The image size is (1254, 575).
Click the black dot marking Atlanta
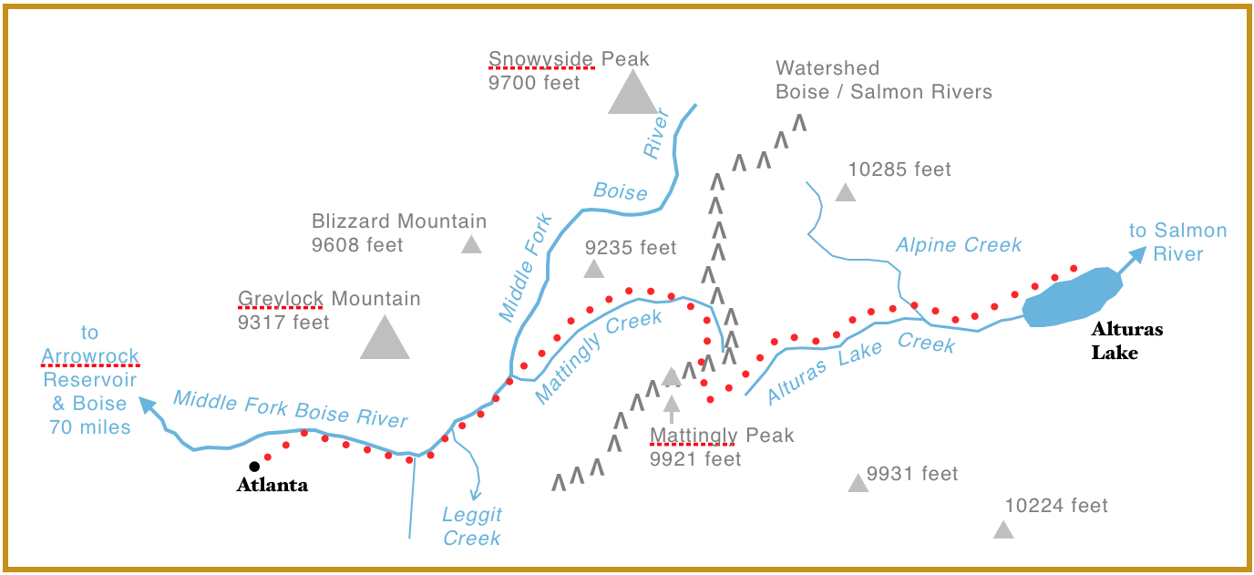tap(254, 467)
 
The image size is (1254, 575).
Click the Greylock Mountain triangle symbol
tap(385, 338)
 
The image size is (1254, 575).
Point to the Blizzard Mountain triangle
tap(471, 244)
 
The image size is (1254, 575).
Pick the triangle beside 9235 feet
tap(594, 269)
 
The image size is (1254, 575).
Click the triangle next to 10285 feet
tap(846, 192)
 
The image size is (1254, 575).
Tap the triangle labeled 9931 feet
tap(857, 483)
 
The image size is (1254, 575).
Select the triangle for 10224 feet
tap(1002, 529)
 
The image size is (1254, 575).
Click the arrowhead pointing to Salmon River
tap(1138, 257)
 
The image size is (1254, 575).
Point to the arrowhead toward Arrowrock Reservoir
tap(146, 404)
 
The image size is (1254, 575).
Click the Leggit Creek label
tap(472, 527)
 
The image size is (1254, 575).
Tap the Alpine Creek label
tap(959, 245)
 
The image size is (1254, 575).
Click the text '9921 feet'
tap(695, 459)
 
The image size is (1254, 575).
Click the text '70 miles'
tap(90, 426)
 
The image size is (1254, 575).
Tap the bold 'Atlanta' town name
tap(272, 486)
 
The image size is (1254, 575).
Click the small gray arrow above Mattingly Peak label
tap(672, 406)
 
